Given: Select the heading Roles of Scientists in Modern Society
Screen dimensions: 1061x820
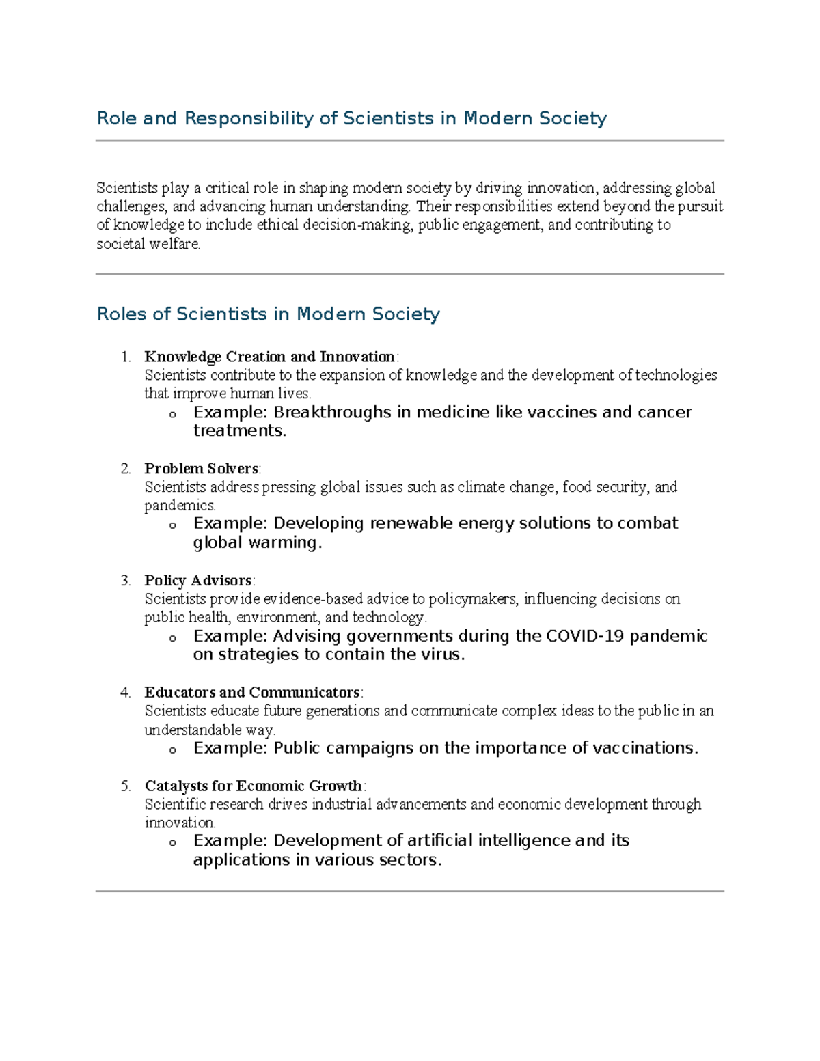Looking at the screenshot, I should point(268,314).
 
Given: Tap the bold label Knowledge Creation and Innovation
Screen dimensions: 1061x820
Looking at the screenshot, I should point(269,357).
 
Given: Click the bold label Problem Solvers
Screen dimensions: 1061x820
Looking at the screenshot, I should point(201,469).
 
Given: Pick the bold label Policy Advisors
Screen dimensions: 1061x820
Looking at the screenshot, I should point(198,581).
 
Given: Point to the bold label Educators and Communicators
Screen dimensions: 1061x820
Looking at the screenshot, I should point(251,692).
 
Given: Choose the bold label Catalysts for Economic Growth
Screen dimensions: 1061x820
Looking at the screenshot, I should point(253,786).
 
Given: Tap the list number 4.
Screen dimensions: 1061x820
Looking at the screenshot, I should point(125,692).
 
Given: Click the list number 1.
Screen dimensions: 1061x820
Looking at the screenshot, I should point(125,357).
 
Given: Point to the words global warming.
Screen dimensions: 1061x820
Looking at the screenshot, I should point(257,542).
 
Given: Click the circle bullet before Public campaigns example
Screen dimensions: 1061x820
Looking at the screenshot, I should point(172,749).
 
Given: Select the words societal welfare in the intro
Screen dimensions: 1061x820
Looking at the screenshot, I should point(148,244).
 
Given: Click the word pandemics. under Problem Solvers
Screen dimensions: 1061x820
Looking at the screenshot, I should point(180,506).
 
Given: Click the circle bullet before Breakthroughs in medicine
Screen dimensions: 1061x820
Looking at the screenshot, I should point(172,414).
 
